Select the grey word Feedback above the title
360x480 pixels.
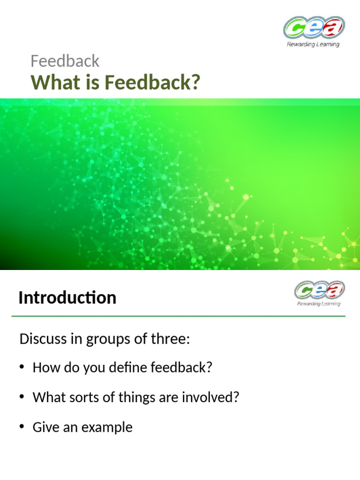[65, 61]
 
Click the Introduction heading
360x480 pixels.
[67, 298]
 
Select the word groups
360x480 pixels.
[107, 339]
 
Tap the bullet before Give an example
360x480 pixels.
[22, 427]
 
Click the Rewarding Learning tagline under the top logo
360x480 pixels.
[313, 45]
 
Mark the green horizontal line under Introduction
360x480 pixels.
[178, 316]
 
